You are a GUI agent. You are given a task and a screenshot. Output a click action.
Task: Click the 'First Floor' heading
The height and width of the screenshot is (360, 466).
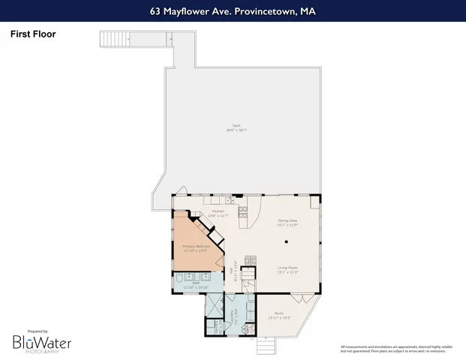click(33, 34)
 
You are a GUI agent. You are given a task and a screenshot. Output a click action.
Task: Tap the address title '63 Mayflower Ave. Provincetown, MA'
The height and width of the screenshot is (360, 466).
click(233, 11)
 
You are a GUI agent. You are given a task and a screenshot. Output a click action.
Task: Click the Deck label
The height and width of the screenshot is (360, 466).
click(236, 128)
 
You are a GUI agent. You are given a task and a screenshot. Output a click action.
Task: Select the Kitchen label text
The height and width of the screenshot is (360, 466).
click(218, 213)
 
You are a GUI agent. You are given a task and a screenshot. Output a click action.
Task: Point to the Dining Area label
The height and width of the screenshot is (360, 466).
click(288, 223)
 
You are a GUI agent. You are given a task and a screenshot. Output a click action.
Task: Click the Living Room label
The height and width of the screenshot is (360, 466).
click(288, 271)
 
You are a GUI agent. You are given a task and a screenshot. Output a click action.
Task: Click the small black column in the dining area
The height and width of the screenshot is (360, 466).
click(286, 241)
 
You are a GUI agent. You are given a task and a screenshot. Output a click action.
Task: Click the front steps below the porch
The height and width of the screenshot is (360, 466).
click(266, 345)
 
